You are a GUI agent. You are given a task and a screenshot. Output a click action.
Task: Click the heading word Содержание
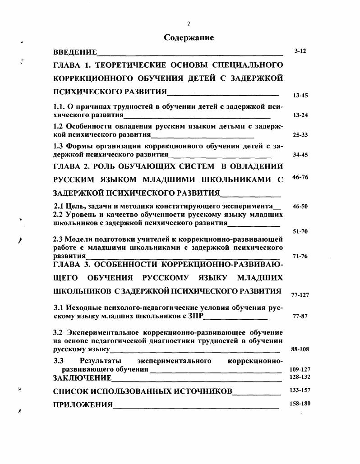point(189,38)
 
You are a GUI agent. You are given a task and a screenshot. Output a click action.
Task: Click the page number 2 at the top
point(189,24)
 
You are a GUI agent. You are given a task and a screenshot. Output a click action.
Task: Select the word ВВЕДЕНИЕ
point(75,52)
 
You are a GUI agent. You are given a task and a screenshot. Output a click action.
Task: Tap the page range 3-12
point(300,51)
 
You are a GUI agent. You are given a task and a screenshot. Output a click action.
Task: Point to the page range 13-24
point(300,115)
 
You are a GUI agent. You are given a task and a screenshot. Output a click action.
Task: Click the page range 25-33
point(300,135)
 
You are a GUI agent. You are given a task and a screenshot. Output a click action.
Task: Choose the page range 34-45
point(300,155)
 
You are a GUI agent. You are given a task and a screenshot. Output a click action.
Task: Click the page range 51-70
point(300,231)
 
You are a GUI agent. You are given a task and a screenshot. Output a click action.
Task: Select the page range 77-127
point(300,295)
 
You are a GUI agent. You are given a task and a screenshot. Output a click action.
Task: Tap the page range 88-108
point(300,349)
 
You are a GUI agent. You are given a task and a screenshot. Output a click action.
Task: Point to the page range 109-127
point(300,369)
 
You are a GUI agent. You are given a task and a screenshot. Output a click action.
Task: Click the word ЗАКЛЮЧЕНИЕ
point(82,377)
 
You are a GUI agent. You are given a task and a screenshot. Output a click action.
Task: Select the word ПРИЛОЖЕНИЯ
point(83,404)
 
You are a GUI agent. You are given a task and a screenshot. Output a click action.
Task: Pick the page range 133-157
point(300,389)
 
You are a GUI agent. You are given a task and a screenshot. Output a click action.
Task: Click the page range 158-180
point(300,403)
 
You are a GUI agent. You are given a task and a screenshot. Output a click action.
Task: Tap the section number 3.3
point(59,361)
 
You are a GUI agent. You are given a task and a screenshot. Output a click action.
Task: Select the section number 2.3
point(58,239)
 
